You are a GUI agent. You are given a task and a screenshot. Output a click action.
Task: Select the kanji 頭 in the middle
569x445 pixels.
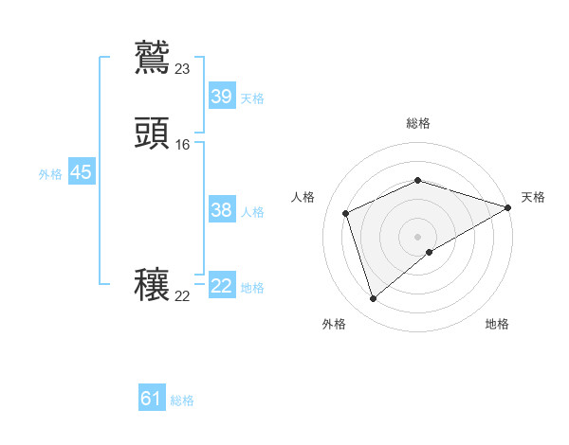pos(153,133)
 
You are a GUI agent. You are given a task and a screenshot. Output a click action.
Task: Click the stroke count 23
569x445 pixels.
pos(183,68)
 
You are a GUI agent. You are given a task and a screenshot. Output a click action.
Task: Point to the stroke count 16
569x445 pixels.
pos(183,145)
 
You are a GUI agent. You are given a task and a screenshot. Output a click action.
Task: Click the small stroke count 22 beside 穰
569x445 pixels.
pos(183,295)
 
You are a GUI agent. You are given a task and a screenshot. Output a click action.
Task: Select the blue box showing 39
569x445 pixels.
pos(221,97)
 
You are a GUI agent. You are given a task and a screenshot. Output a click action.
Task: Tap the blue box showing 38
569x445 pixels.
pos(221,210)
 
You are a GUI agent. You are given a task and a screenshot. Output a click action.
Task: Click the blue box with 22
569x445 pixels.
pos(221,286)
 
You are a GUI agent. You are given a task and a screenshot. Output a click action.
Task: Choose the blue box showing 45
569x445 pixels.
pos(81,172)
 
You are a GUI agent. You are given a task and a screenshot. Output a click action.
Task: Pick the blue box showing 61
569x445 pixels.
pos(152,399)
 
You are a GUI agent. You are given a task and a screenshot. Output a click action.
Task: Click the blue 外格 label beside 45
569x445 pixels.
pos(49,174)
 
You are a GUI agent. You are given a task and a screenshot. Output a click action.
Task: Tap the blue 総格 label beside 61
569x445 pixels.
pos(182,400)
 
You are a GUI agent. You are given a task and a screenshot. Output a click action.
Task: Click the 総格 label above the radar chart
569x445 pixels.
pos(417,123)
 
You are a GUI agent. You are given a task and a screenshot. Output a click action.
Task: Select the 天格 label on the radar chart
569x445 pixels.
pos(533,197)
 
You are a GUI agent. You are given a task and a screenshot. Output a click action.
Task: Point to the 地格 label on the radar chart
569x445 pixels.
pos(497,324)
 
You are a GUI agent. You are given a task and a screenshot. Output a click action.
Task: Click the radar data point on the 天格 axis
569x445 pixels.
pos(508,207)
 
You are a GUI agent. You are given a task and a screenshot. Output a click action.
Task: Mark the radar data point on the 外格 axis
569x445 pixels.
pos(373,299)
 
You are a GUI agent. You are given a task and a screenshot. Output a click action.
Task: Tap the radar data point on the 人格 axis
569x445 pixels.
pos(346,213)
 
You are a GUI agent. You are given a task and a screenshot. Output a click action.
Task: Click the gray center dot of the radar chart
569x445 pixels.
pos(417,237)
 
